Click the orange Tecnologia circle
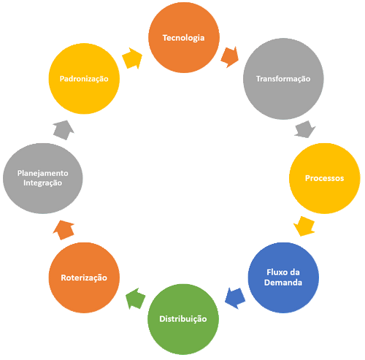(x=184, y=37)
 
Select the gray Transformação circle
(x=283, y=78)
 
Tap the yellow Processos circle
(x=324, y=177)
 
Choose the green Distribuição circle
(x=183, y=319)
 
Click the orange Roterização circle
(x=83, y=277)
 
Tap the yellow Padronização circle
(x=83, y=78)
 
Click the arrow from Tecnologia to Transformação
(x=230, y=55)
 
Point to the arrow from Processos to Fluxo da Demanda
(x=305, y=226)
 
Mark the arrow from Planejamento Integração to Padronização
(x=63, y=130)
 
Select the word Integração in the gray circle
(x=42, y=183)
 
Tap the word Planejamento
(x=43, y=173)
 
